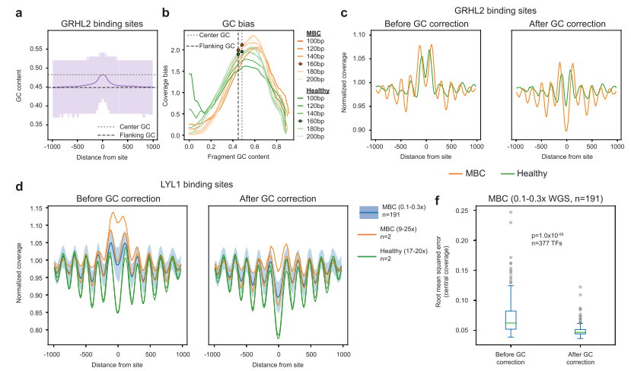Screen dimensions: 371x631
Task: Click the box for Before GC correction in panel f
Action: point(508,319)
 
